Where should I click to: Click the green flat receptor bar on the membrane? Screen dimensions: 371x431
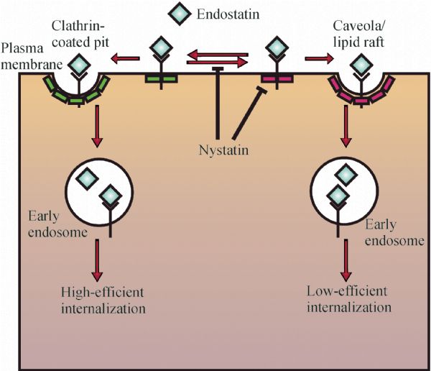[161, 78]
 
